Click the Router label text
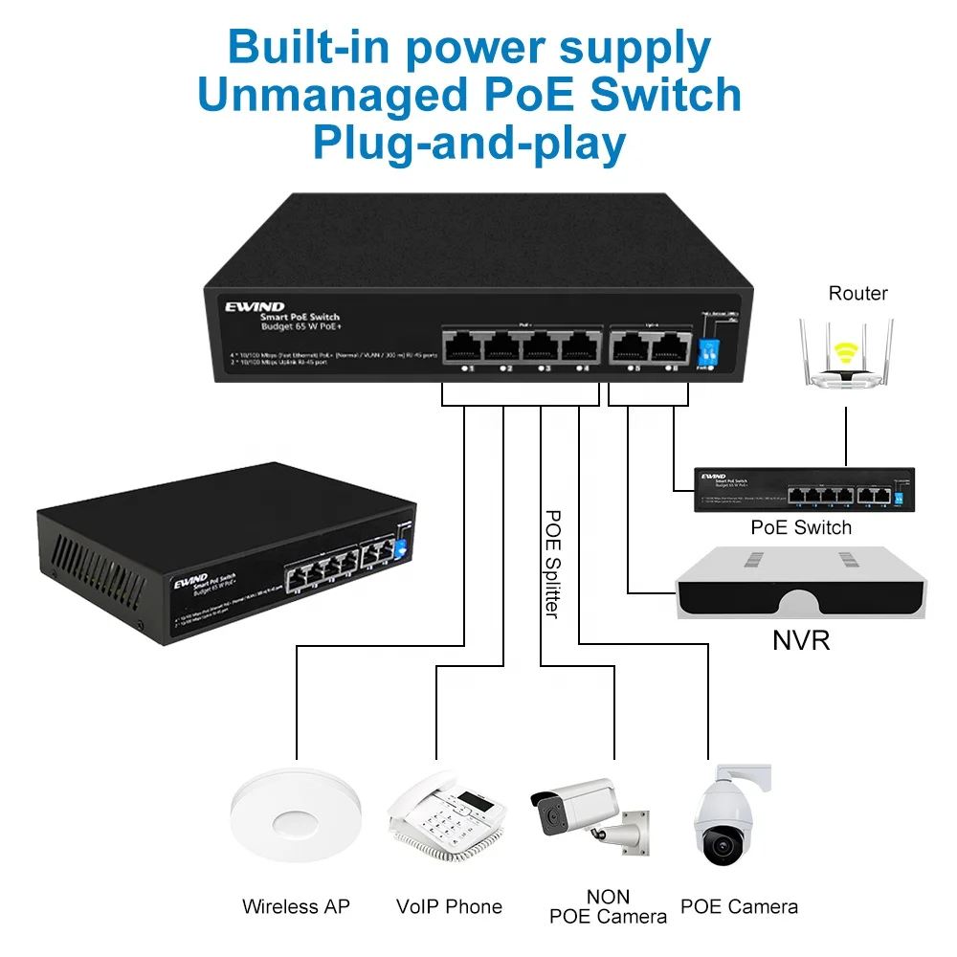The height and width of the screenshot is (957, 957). [x=857, y=294]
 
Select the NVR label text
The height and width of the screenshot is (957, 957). [x=801, y=640]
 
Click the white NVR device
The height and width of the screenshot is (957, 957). [x=801, y=583]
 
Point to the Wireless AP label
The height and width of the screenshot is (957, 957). [x=296, y=906]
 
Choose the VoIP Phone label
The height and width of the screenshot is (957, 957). [x=449, y=906]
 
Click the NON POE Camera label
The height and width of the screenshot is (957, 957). [x=608, y=906]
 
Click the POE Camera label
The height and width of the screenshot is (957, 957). [x=739, y=906]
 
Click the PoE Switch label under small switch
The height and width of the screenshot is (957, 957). [x=801, y=527]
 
